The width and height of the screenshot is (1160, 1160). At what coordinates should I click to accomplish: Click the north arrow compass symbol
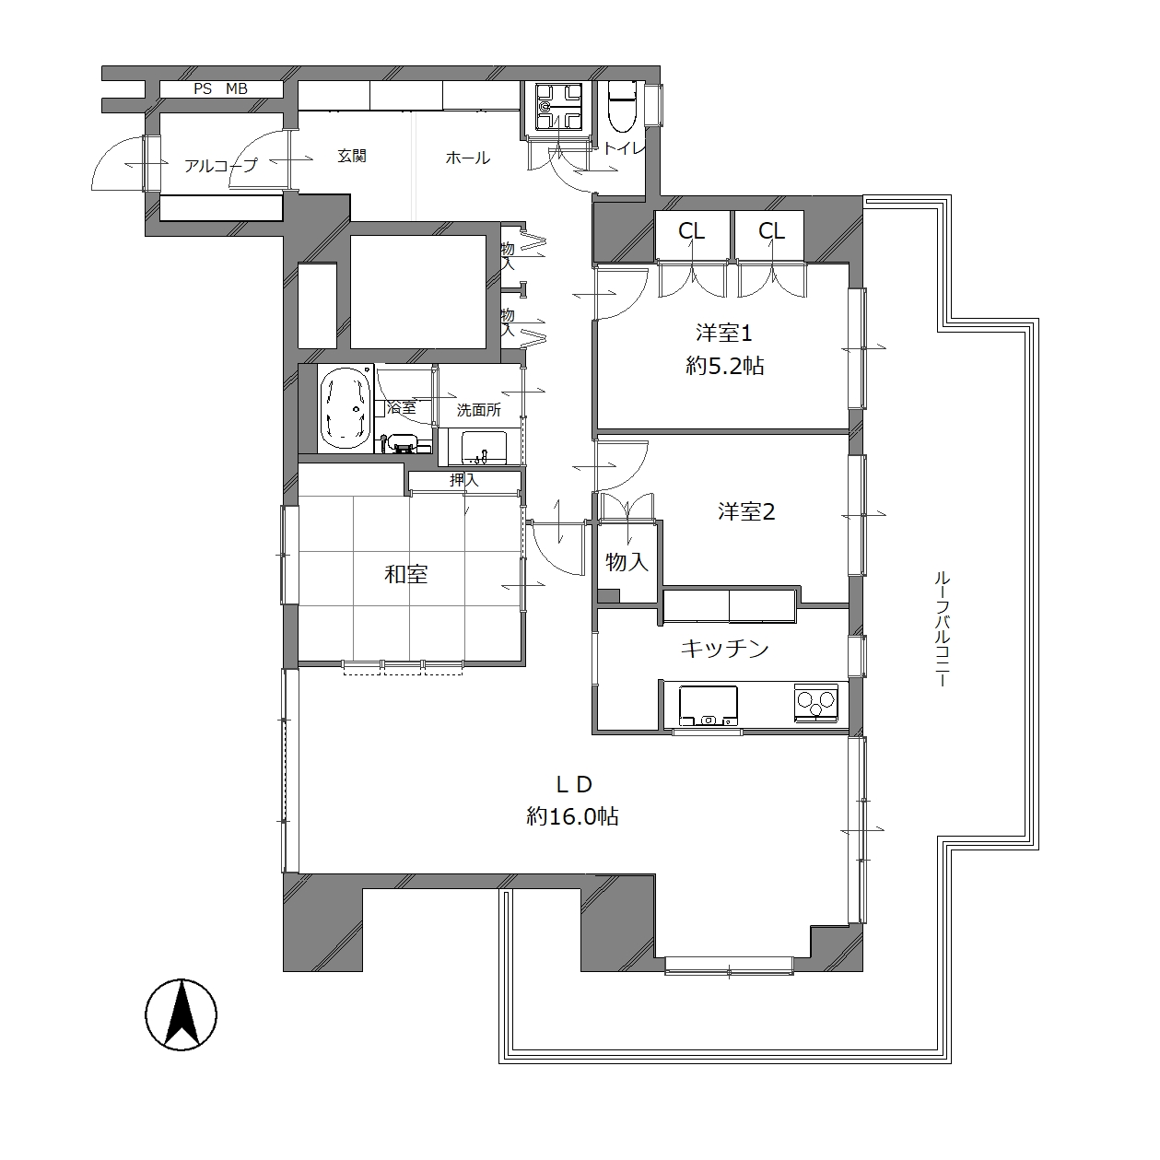coord(182,1015)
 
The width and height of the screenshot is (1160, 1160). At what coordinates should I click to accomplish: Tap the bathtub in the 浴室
coord(345,408)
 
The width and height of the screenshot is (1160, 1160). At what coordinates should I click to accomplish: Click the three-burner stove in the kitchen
coord(815,702)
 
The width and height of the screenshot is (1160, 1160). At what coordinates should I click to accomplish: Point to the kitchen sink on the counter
coord(709,706)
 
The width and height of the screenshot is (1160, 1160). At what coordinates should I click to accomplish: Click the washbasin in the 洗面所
coord(484,449)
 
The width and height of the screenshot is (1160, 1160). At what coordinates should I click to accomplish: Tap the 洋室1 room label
coord(724,333)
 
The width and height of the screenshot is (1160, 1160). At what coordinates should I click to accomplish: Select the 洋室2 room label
coord(745,511)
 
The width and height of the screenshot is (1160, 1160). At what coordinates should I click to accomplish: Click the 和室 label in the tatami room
coord(406,574)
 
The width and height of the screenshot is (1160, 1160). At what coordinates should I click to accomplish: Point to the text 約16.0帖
coord(572,816)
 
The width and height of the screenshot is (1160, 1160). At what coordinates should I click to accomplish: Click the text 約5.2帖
coord(725,366)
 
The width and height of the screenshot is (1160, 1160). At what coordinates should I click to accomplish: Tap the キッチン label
coord(725,648)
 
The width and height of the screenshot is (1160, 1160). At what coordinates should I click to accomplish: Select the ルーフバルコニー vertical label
coord(942,629)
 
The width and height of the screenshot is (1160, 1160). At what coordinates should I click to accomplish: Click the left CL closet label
coord(691,230)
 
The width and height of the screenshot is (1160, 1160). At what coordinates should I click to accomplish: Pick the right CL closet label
coord(772,230)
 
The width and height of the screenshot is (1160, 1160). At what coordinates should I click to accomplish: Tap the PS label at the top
coord(203,88)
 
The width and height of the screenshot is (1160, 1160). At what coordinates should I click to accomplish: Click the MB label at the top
coord(237,88)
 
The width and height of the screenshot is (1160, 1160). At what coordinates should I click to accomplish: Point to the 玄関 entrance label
coord(352,156)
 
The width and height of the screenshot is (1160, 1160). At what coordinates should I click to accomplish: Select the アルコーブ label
coord(220,165)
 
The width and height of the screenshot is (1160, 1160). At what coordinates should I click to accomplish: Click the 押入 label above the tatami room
coord(464,480)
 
